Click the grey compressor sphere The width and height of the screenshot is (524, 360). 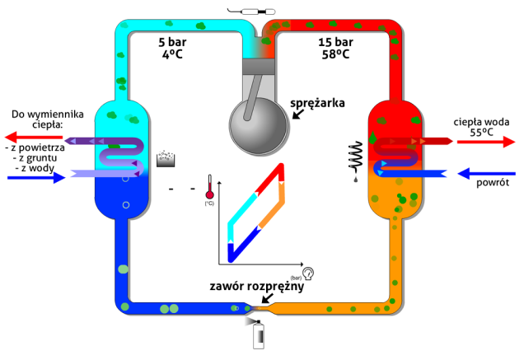click(258, 121)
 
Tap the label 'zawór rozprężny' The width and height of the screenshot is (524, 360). click(257, 287)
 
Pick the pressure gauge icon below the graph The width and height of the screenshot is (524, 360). click(306, 273)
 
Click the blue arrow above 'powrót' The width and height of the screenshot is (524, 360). click(485, 173)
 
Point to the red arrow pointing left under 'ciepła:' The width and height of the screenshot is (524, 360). click(33, 137)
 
